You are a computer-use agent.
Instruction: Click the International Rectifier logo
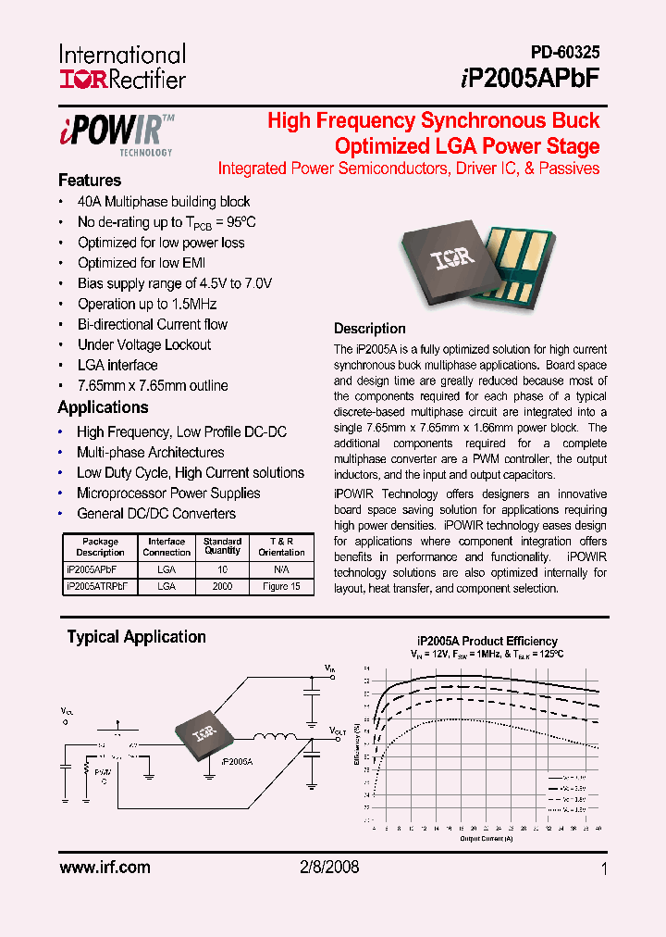click(x=123, y=68)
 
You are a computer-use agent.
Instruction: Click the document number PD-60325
click(x=564, y=54)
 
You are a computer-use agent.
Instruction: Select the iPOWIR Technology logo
click(x=117, y=134)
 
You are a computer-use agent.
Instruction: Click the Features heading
click(x=90, y=181)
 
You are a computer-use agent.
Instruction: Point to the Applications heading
click(x=103, y=407)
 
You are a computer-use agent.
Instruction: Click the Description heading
click(x=369, y=329)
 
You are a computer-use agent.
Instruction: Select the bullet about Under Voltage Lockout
click(x=143, y=344)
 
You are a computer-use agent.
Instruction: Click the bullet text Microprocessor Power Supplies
click(x=168, y=493)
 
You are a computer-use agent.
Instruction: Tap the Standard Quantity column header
click(x=222, y=546)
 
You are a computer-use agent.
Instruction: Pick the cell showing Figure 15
click(x=281, y=586)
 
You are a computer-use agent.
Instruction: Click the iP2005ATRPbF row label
click(x=100, y=586)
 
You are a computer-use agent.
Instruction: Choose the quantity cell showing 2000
click(x=222, y=586)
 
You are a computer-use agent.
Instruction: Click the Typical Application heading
click(x=136, y=637)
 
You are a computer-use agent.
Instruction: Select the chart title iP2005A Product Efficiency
click(x=487, y=641)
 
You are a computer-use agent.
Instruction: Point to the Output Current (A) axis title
click(x=487, y=839)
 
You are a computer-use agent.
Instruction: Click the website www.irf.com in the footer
click(x=104, y=868)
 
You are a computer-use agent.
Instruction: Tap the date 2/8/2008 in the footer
click(x=330, y=868)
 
